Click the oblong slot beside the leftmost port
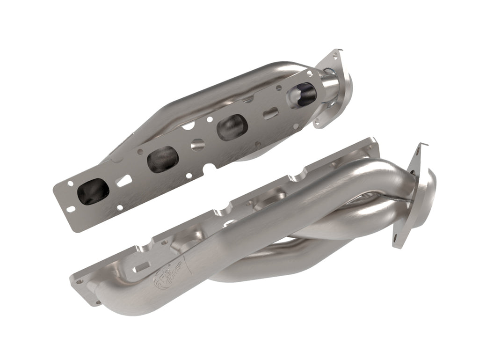[123, 181]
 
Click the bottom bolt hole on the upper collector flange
[319, 123]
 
